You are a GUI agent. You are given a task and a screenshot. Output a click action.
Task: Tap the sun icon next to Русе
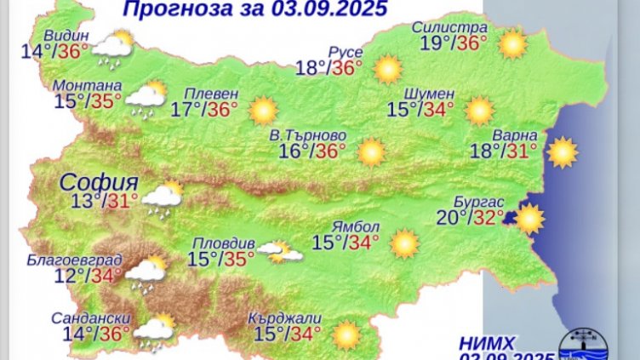click(388, 68)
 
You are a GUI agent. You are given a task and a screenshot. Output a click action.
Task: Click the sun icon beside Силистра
click(512, 44)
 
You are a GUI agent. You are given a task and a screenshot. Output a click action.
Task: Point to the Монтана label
click(87, 85)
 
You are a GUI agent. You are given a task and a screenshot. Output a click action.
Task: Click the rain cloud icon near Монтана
click(146, 98)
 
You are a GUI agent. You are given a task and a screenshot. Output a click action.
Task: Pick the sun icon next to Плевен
click(263, 110)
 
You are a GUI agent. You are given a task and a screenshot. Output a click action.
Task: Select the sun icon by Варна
click(562, 152)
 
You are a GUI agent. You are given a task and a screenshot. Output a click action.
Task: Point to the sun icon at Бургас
click(529, 219)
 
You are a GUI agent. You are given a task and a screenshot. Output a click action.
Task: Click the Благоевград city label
click(74, 259)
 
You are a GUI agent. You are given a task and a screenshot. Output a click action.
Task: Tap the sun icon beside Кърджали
click(346, 334)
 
